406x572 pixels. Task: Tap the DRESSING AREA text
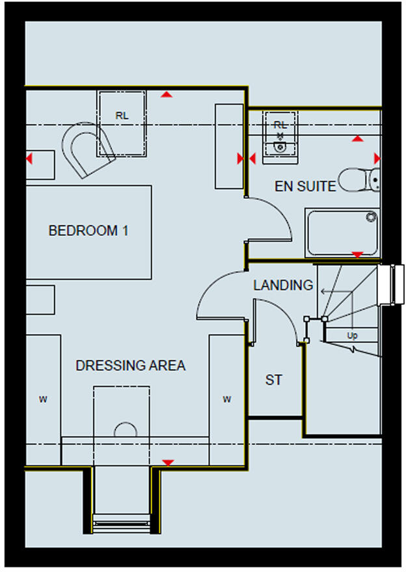(x=130, y=366)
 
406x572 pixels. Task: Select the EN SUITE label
(x=305, y=187)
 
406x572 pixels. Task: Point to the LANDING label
(x=283, y=285)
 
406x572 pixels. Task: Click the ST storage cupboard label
(x=274, y=380)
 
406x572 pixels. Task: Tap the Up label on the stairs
(x=352, y=336)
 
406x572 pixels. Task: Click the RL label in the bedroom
(x=122, y=116)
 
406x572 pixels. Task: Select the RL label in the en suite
(x=280, y=124)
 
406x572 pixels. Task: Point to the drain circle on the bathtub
(x=371, y=217)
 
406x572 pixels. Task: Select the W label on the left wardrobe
(x=43, y=399)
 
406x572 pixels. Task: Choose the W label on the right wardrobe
(x=227, y=399)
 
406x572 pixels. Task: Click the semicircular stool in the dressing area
(x=125, y=430)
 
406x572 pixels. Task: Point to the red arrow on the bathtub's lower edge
(x=357, y=254)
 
